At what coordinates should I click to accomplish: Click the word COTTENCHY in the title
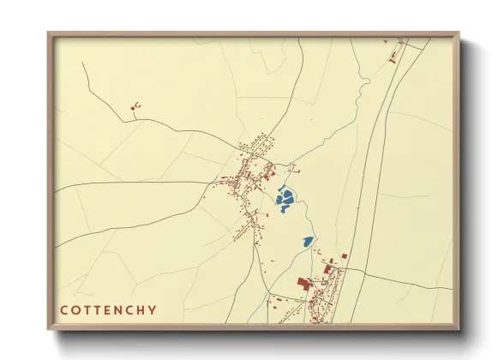point(108,309)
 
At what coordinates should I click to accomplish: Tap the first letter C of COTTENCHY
point(63,309)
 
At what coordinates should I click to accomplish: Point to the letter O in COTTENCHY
point(75,309)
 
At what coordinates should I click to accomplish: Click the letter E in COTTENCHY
point(108,309)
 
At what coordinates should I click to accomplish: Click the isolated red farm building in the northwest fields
point(135,106)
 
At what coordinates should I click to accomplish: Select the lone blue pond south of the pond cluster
point(306,243)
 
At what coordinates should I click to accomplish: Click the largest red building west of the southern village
point(303,284)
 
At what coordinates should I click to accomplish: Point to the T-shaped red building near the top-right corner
point(395,55)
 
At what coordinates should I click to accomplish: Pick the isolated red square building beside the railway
point(345,255)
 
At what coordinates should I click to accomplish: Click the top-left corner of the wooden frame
point(49,34)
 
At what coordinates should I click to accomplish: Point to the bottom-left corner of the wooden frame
point(49,328)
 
